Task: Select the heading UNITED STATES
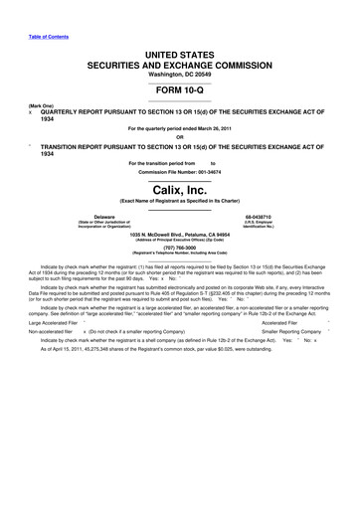pyautogui.click(x=180, y=47)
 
